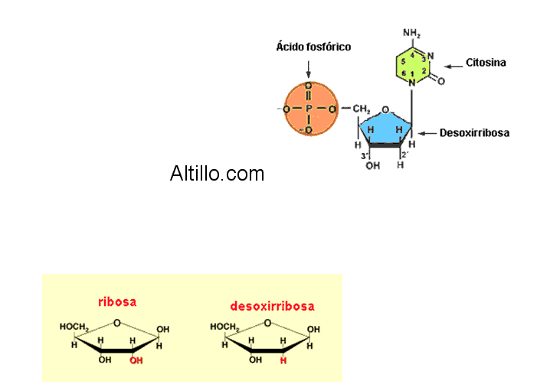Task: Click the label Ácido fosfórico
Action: click(313, 47)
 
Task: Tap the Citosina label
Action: click(486, 63)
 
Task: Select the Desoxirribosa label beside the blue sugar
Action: click(474, 133)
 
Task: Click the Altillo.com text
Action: click(217, 174)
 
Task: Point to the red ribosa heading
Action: click(117, 301)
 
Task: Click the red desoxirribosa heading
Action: click(272, 306)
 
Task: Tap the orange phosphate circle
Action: click(310, 109)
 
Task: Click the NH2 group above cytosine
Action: click(412, 34)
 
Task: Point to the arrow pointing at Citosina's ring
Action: click(453, 64)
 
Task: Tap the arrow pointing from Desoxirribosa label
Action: click(426, 133)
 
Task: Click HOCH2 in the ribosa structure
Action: click(74, 327)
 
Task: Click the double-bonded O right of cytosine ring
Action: click(441, 80)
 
